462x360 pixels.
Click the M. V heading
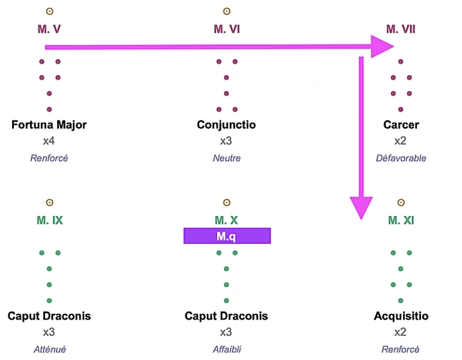pyautogui.click(x=49, y=29)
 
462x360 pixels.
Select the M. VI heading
pyautogui.click(x=227, y=29)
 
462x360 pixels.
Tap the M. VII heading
pyautogui.click(x=401, y=29)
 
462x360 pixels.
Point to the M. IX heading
pyautogui.click(x=49, y=220)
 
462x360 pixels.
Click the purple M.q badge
pyautogui.click(x=227, y=236)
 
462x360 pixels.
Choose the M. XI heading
pyautogui.click(x=401, y=220)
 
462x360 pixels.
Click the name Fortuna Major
pyautogui.click(x=49, y=125)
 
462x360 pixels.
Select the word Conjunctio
pyautogui.click(x=226, y=125)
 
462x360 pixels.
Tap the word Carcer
pyautogui.click(x=401, y=125)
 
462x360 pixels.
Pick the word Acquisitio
pyautogui.click(x=401, y=316)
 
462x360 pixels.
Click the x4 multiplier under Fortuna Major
pyautogui.click(x=49, y=141)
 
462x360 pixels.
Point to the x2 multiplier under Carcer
pyautogui.click(x=401, y=141)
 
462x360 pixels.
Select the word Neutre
pyautogui.click(x=226, y=158)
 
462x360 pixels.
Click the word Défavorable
pyautogui.click(x=401, y=158)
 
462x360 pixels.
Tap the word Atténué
pyautogui.click(x=49, y=349)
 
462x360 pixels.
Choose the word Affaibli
pyautogui.click(x=227, y=349)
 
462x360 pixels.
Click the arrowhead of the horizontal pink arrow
pyautogui.click(x=382, y=46)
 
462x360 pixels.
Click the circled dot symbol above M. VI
pyautogui.click(x=227, y=11)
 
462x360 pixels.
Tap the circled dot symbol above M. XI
pyautogui.click(x=401, y=203)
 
